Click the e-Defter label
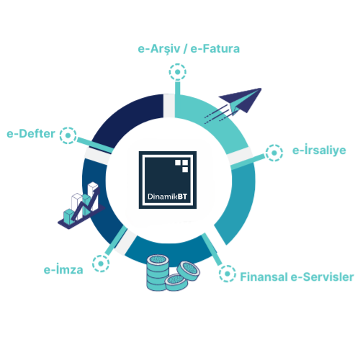click(31, 134)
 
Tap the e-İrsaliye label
click(319, 150)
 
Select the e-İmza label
click(63, 269)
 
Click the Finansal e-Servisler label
click(297, 276)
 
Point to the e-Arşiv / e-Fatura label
click(189, 49)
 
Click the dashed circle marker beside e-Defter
click(68, 135)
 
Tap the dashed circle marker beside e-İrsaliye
click(274, 153)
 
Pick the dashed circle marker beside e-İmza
click(101, 264)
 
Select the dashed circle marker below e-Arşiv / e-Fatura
click(178, 72)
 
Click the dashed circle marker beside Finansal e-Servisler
click(228, 274)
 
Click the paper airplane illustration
click(233, 106)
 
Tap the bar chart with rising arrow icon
click(81, 206)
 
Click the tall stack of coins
click(158, 272)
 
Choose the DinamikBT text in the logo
click(167, 197)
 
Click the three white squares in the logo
click(181, 166)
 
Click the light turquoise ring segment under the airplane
click(216, 120)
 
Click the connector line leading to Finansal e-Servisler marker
click(212, 249)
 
